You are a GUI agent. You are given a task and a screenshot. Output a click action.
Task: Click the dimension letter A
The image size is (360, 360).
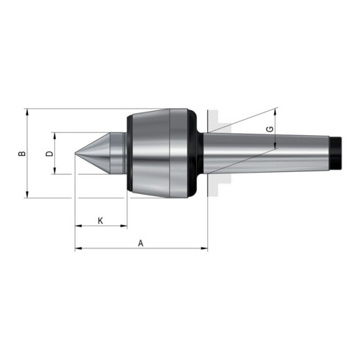(x=140, y=242)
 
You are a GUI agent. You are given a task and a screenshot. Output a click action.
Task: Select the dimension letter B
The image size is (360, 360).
(x=21, y=153)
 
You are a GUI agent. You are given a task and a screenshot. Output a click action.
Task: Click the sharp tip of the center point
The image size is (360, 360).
(x=75, y=154)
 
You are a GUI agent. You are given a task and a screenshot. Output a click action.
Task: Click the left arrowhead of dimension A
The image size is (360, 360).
(x=78, y=249)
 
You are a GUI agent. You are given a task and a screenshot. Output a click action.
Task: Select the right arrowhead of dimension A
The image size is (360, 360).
(x=205, y=249)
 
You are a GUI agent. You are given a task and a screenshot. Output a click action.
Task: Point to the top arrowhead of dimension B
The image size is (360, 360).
(x=28, y=112)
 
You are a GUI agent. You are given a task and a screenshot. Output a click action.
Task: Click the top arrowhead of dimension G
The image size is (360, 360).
(x=276, y=112)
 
